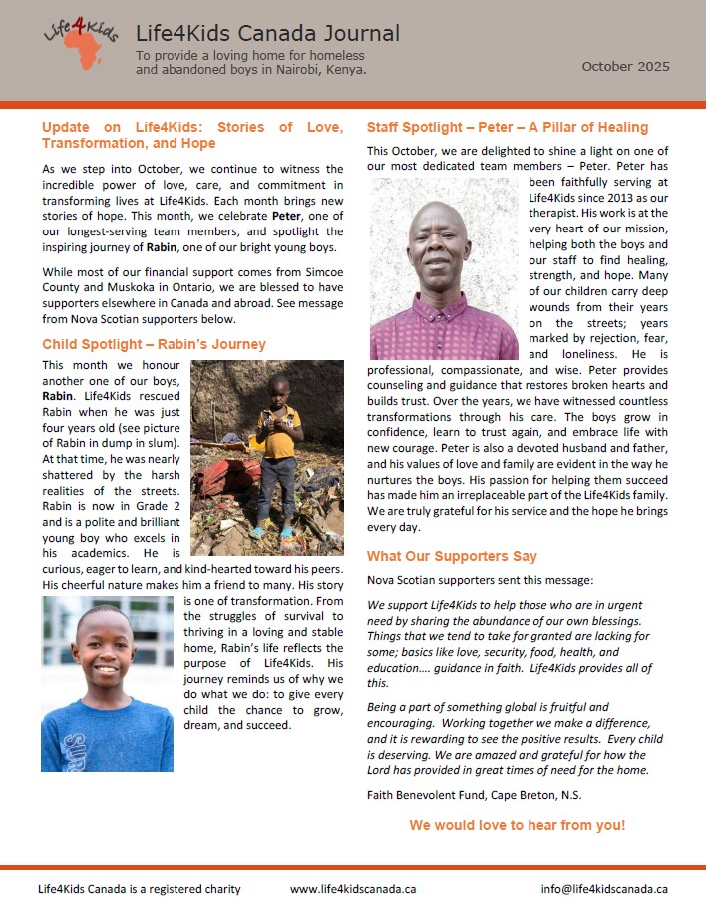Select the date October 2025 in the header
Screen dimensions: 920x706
click(626, 67)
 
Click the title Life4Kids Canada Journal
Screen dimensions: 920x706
click(267, 35)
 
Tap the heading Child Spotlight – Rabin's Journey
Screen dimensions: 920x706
click(154, 345)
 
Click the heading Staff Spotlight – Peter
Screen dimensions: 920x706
click(507, 127)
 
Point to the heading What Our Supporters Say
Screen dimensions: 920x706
click(452, 556)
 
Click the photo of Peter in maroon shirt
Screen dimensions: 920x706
click(444, 268)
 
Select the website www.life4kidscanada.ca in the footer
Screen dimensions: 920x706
click(353, 889)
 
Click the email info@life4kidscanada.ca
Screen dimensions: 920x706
click(604, 889)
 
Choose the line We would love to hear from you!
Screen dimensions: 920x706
click(517, 825)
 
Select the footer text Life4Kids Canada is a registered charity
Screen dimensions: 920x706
click(139, 889)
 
